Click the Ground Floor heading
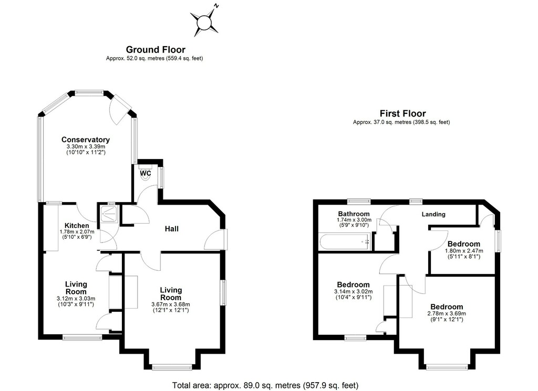click(x=156, y=50)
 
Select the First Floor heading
click(x=403, y=113)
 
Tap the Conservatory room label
click(x=86, y=140)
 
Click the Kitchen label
click(x=77, y=226)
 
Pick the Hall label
click(x=172, y=229)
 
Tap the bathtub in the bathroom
click(x=345, y=242)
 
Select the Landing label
click(x=433, y=214)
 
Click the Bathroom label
click(x=354, y=214)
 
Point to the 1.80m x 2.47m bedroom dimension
click(x=464, y=250)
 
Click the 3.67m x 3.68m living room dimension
click(x=171, y=304)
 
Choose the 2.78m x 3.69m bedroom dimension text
click(x=447, y=313)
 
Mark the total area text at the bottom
click(x=265, y=386)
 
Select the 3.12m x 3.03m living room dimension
click(x=76, y=299)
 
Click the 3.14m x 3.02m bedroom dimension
click(x=354, y=292)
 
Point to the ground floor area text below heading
click(x=154, y=58)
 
